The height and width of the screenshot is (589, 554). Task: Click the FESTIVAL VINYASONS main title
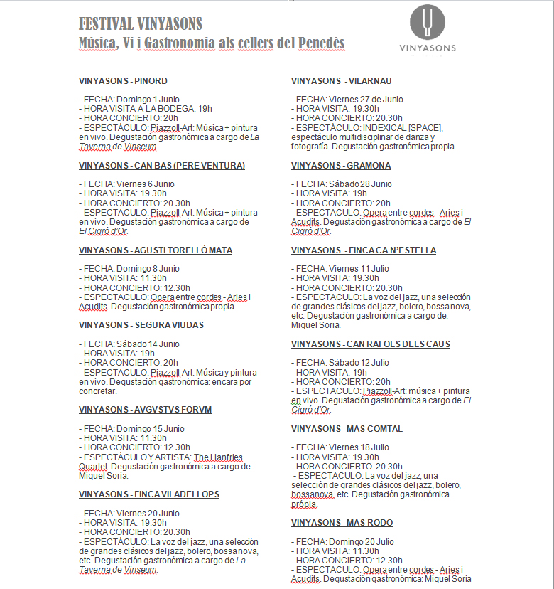(x=141, y=24)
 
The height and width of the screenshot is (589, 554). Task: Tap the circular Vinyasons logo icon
(x=428, y=21)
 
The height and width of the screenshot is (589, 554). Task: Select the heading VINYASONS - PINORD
(x=123, y=81)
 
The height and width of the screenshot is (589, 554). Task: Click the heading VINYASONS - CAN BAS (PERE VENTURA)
(x=162, y=166)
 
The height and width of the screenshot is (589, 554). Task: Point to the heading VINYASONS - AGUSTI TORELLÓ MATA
(x=156, y=250)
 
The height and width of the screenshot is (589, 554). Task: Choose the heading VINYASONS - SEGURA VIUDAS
(x=141, y=325)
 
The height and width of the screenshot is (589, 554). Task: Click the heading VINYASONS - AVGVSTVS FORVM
(x=145, y=410)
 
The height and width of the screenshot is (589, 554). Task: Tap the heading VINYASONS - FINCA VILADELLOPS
(x=149, y=494)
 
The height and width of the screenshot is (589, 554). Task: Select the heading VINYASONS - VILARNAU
(x=342, y=81)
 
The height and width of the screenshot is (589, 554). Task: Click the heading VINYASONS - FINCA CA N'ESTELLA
(x=364, y=250)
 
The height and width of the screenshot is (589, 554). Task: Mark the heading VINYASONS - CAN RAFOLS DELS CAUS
(x=371, y=344)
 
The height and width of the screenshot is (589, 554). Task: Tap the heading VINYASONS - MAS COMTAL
(x=347, y=429)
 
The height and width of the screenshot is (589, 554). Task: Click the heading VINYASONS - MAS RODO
(x=342, y=523)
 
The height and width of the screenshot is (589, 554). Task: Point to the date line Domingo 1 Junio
(x=129, y=99)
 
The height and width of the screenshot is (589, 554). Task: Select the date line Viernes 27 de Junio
(x=347, y=99)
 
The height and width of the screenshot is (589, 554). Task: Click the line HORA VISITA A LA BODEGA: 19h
(x=146, y=108)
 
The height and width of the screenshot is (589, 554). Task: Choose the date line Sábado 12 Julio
(x=340, y=363)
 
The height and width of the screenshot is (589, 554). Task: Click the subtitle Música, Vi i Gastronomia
(x=211, y=43)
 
